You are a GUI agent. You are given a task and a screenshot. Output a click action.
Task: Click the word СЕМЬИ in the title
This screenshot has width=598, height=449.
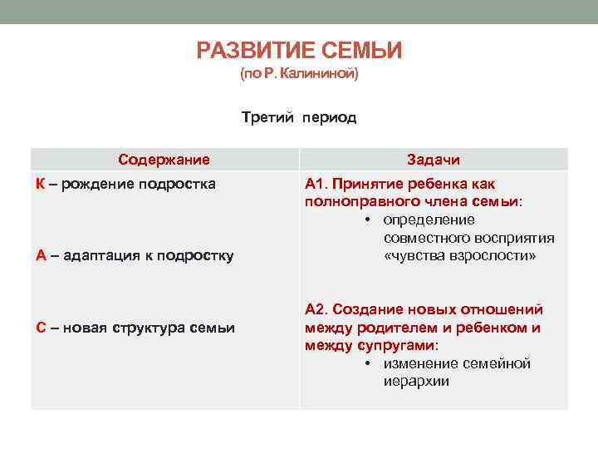point(361,52)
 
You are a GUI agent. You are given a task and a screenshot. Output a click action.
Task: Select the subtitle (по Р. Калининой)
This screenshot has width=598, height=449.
point(299,75)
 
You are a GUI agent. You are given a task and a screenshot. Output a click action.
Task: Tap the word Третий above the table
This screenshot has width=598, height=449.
point(267,117)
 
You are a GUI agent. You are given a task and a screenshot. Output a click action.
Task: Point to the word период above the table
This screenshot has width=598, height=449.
point(330,117)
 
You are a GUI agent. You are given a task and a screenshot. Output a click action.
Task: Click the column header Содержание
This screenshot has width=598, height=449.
point(164,160)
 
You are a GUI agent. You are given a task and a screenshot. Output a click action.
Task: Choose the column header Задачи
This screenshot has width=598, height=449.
point(434,160)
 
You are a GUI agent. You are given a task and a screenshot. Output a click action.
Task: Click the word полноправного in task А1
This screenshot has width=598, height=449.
point(356,202)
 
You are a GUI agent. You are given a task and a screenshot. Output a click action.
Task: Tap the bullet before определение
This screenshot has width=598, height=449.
point(366,220)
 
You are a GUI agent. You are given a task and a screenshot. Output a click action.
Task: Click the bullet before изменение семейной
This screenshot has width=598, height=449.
point(366,364)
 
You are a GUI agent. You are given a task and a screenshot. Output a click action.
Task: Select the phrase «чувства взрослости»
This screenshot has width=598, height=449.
point(459,256)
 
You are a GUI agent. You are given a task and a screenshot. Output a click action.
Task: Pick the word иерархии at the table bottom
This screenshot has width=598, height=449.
point(415,382)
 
